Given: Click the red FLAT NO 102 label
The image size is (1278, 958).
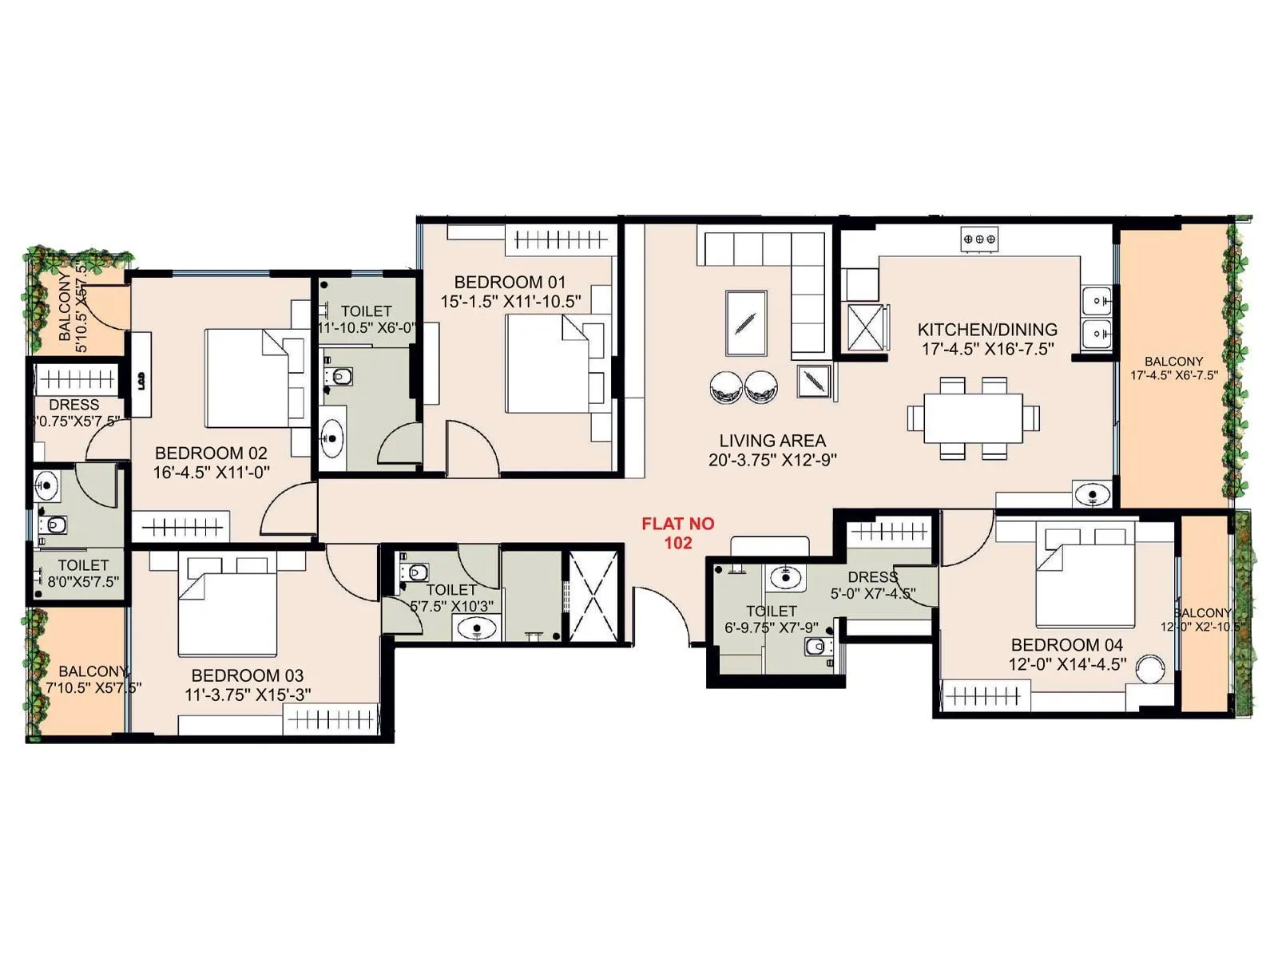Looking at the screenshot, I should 677,533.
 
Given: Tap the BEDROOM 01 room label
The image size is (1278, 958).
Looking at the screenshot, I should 510,282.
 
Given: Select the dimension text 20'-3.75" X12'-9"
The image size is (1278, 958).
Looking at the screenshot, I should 772,460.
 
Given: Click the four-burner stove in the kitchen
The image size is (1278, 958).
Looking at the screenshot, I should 979,238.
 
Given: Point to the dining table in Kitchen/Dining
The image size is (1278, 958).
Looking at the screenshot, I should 973,418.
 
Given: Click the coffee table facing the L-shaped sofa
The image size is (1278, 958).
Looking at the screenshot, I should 746,323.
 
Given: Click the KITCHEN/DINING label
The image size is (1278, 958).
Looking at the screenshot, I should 987,329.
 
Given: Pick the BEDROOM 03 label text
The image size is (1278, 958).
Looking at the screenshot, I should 248,675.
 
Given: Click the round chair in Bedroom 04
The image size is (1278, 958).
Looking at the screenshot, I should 1151,669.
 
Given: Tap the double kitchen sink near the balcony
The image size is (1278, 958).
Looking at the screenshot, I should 1097,317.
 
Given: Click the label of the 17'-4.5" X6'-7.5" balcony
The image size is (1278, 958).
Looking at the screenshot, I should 1173,362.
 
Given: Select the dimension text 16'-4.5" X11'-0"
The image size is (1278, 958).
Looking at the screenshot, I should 212,473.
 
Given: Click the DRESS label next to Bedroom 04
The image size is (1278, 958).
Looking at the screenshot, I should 872,576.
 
